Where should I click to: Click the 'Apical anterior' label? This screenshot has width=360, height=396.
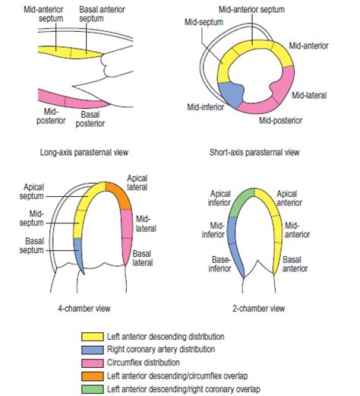coord(292,198)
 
